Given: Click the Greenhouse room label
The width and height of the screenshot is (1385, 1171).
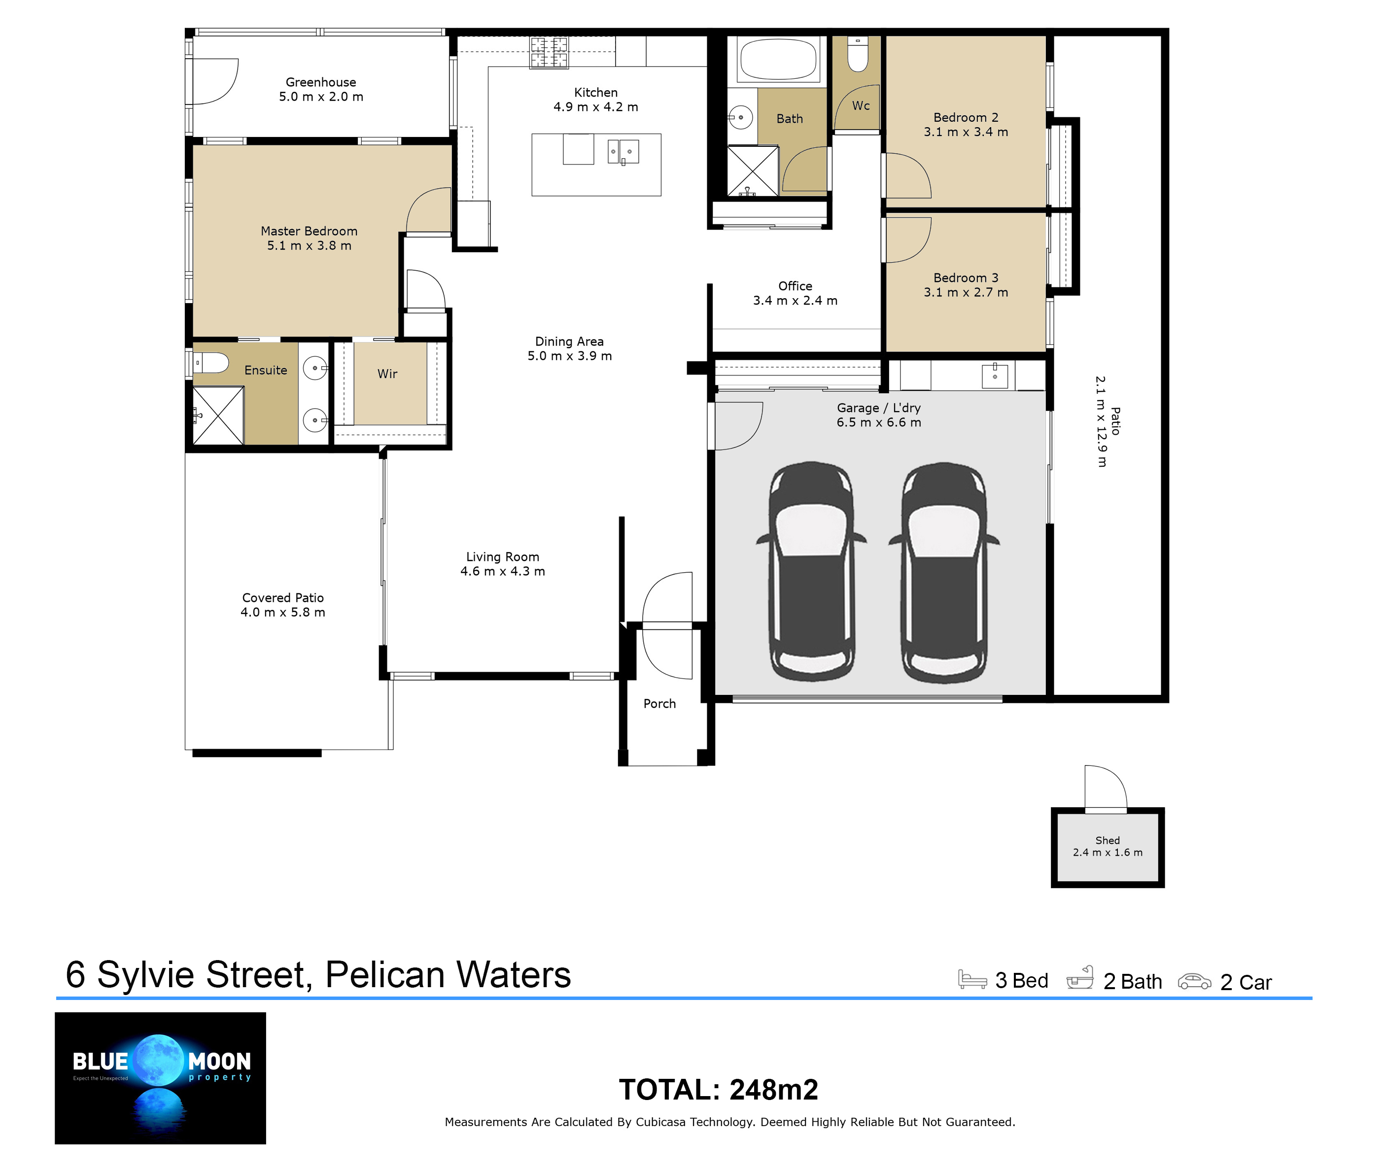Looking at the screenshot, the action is [321, 82].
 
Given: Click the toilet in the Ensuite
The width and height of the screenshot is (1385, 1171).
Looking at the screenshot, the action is [211, 363].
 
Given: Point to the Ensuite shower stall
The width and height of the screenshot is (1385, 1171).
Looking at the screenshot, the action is [218, 415].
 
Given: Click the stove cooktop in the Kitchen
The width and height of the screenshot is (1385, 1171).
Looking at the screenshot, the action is [549, 52].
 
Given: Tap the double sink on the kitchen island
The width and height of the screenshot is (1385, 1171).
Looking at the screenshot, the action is [623, 152].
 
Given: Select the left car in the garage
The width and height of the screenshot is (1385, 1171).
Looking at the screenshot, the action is [811, 572].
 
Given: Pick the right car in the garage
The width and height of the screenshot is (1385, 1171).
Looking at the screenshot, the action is [943, 572].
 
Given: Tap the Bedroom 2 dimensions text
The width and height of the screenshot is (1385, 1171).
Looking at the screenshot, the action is [966, 132].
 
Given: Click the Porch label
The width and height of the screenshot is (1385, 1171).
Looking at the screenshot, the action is [659, 704].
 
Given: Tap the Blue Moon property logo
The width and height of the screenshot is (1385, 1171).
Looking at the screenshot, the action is [160, 1078].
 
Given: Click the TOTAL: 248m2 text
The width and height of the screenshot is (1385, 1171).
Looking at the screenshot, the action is [719, 1089].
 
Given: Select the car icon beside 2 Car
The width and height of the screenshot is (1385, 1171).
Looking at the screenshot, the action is [1194, 981].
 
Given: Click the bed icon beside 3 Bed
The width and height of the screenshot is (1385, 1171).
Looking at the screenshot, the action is [972, 980].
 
